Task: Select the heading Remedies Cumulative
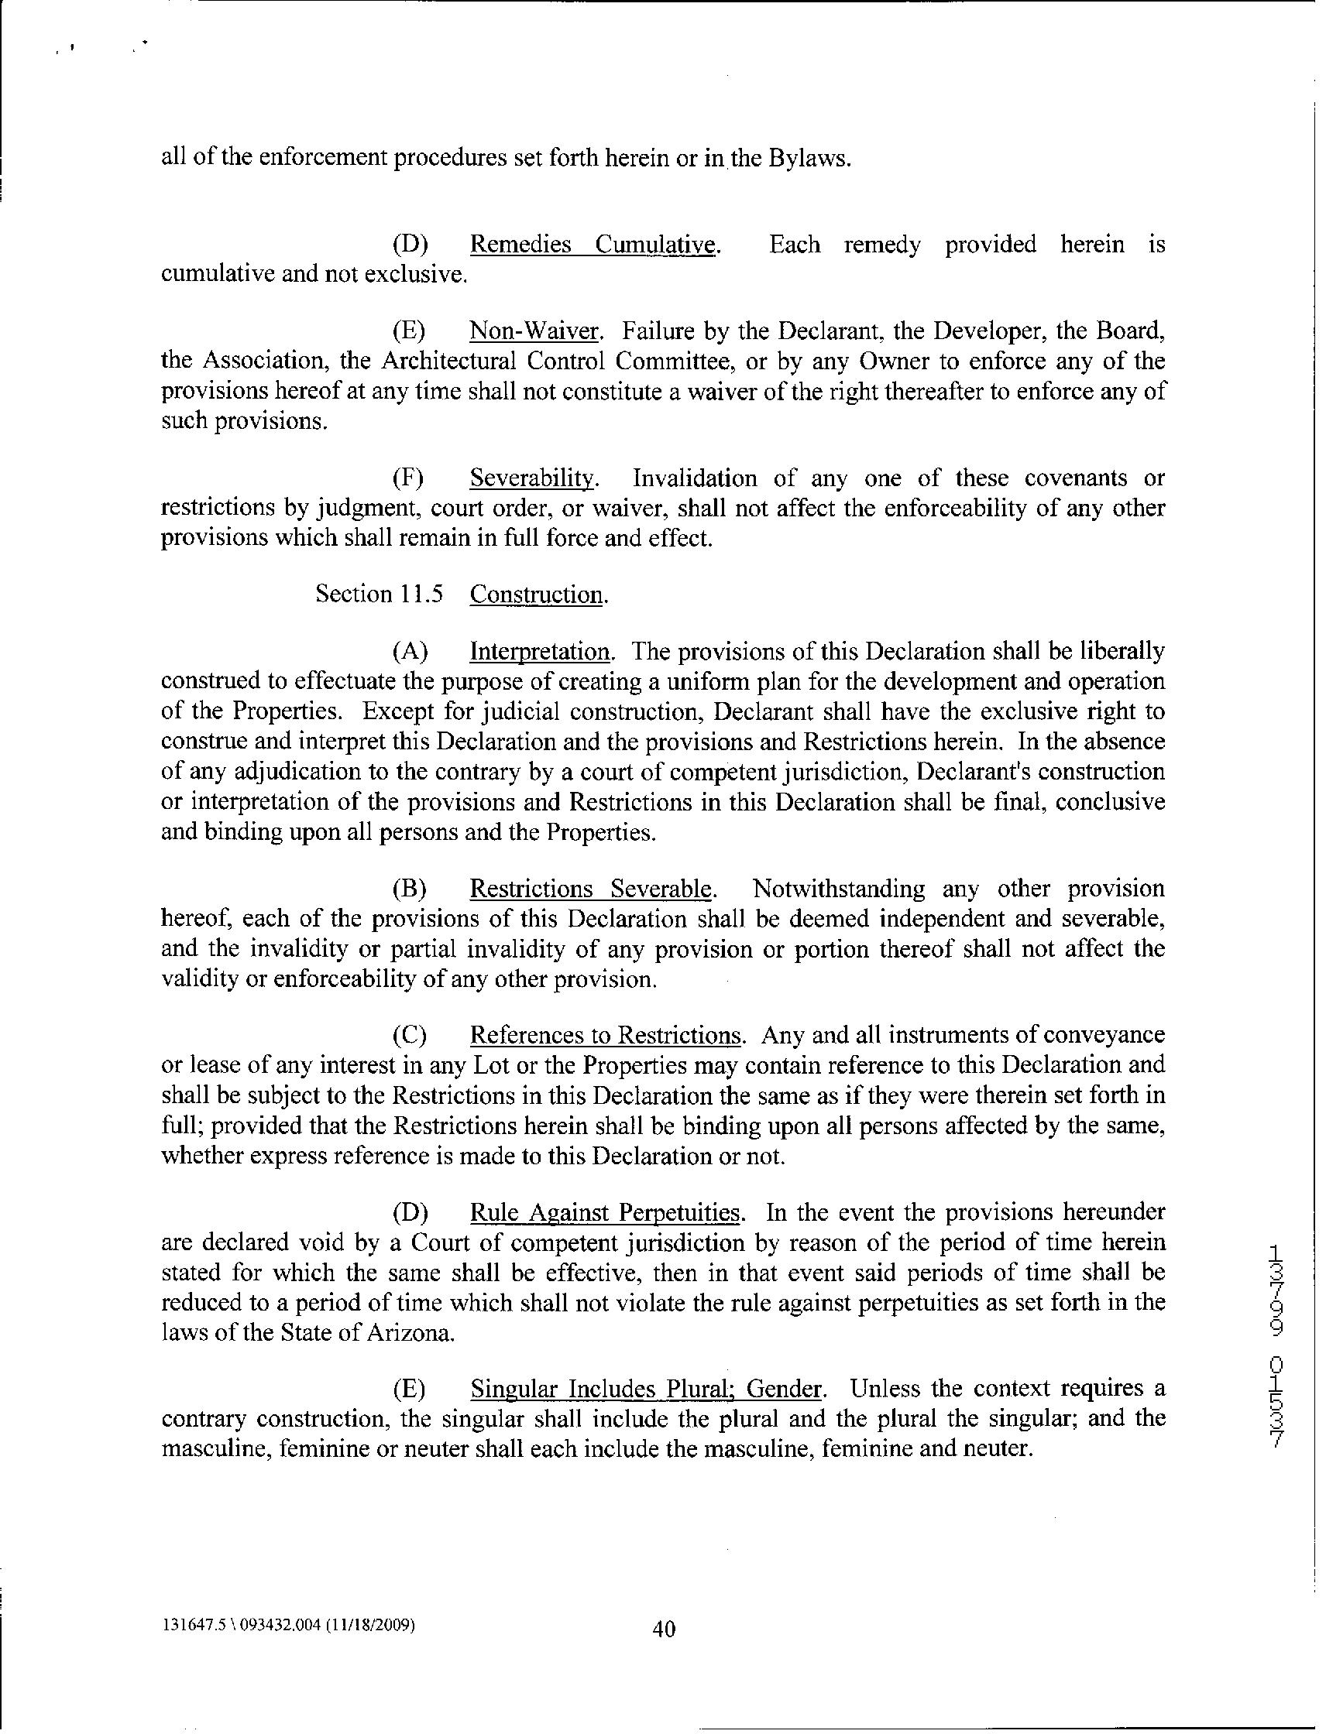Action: click(594, 245)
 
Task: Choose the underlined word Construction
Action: click(538, 594)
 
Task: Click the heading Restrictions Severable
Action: click(592, 889)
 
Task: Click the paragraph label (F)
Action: click(409, 478)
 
